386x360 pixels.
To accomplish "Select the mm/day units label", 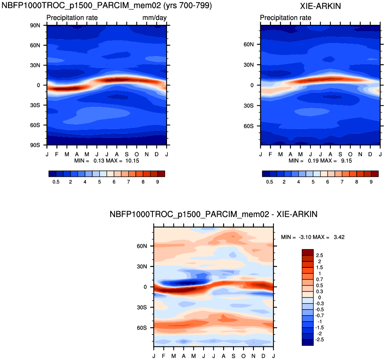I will [154, 18].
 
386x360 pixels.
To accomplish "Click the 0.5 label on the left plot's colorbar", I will [56, 182].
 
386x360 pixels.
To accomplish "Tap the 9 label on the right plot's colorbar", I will [371, 182].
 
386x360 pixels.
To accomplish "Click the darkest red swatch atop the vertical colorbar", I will [307, 252].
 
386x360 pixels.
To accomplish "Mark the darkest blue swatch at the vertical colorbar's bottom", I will [307, 342].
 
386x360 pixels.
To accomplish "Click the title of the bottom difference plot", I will [214, 214].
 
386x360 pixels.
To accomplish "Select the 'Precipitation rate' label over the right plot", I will [286, 18].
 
